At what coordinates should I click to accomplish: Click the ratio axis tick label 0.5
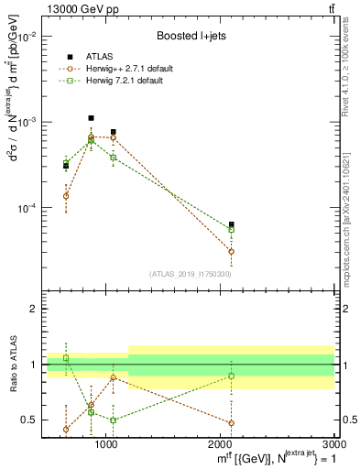coord(30,420)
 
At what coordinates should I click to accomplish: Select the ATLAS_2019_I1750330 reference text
coord(190,274)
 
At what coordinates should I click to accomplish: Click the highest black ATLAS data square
coord(91,118)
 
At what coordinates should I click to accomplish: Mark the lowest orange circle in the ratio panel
coord(66,429)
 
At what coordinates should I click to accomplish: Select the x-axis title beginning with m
coord(266,458)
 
